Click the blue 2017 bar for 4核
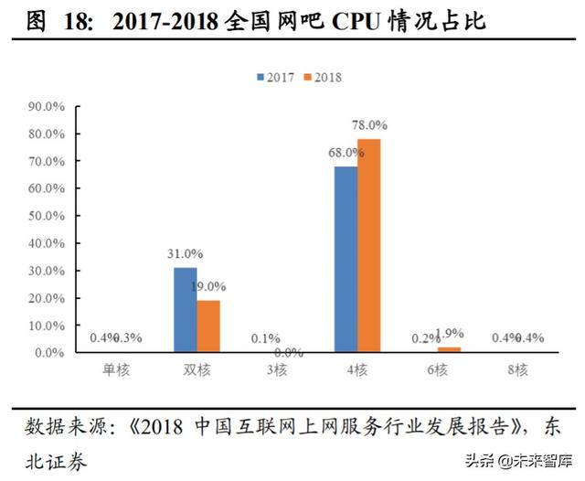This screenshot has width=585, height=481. (346, 259)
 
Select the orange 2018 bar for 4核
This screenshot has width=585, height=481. (368, 245)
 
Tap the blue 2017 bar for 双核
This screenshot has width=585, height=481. (186, 309)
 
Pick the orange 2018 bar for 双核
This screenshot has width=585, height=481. (208, 326)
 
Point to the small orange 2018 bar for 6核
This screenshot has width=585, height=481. (449, 349)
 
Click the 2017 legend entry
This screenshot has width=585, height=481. (275, 78)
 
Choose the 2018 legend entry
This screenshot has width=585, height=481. (322, 78)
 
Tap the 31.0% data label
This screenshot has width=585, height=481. (186, 253)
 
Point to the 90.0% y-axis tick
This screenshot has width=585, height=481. (47, 106)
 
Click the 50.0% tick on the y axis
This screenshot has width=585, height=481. (47, 216)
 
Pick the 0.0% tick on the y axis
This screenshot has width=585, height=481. (49, 352)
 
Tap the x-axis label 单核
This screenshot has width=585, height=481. (116, 370)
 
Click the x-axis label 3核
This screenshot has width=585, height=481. (278, 370)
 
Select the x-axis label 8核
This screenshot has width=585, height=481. (518, 370)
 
